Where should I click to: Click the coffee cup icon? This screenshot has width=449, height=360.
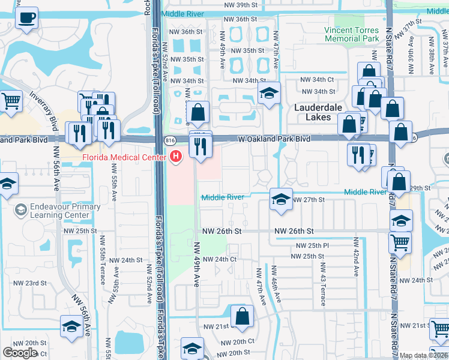pos(26,17)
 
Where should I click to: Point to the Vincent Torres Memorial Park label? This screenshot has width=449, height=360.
pos(352,34)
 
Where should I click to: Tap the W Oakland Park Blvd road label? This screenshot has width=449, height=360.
pos(274,139)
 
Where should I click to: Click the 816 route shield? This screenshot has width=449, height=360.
pos(170,139)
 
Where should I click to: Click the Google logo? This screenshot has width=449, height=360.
pos(20,352)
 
